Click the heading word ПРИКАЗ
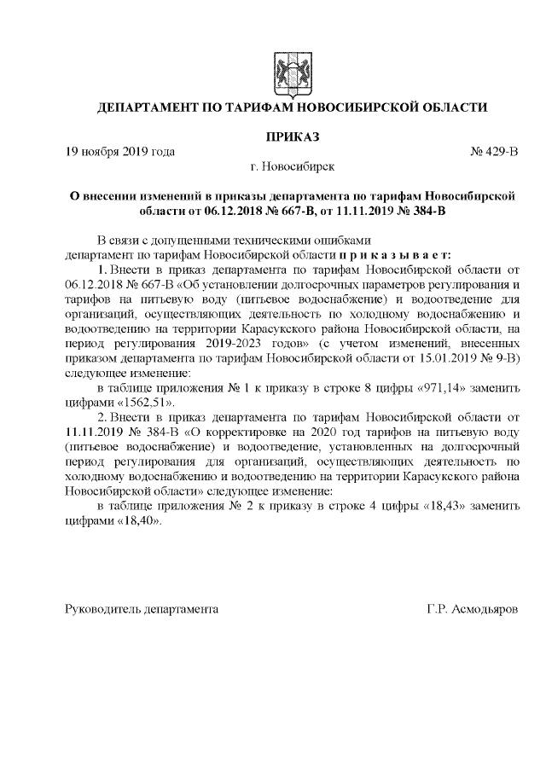coord(290,136)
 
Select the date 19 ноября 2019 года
coord(120,152)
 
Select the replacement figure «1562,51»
coord(142,402)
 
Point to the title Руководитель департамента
coord(142,609)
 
